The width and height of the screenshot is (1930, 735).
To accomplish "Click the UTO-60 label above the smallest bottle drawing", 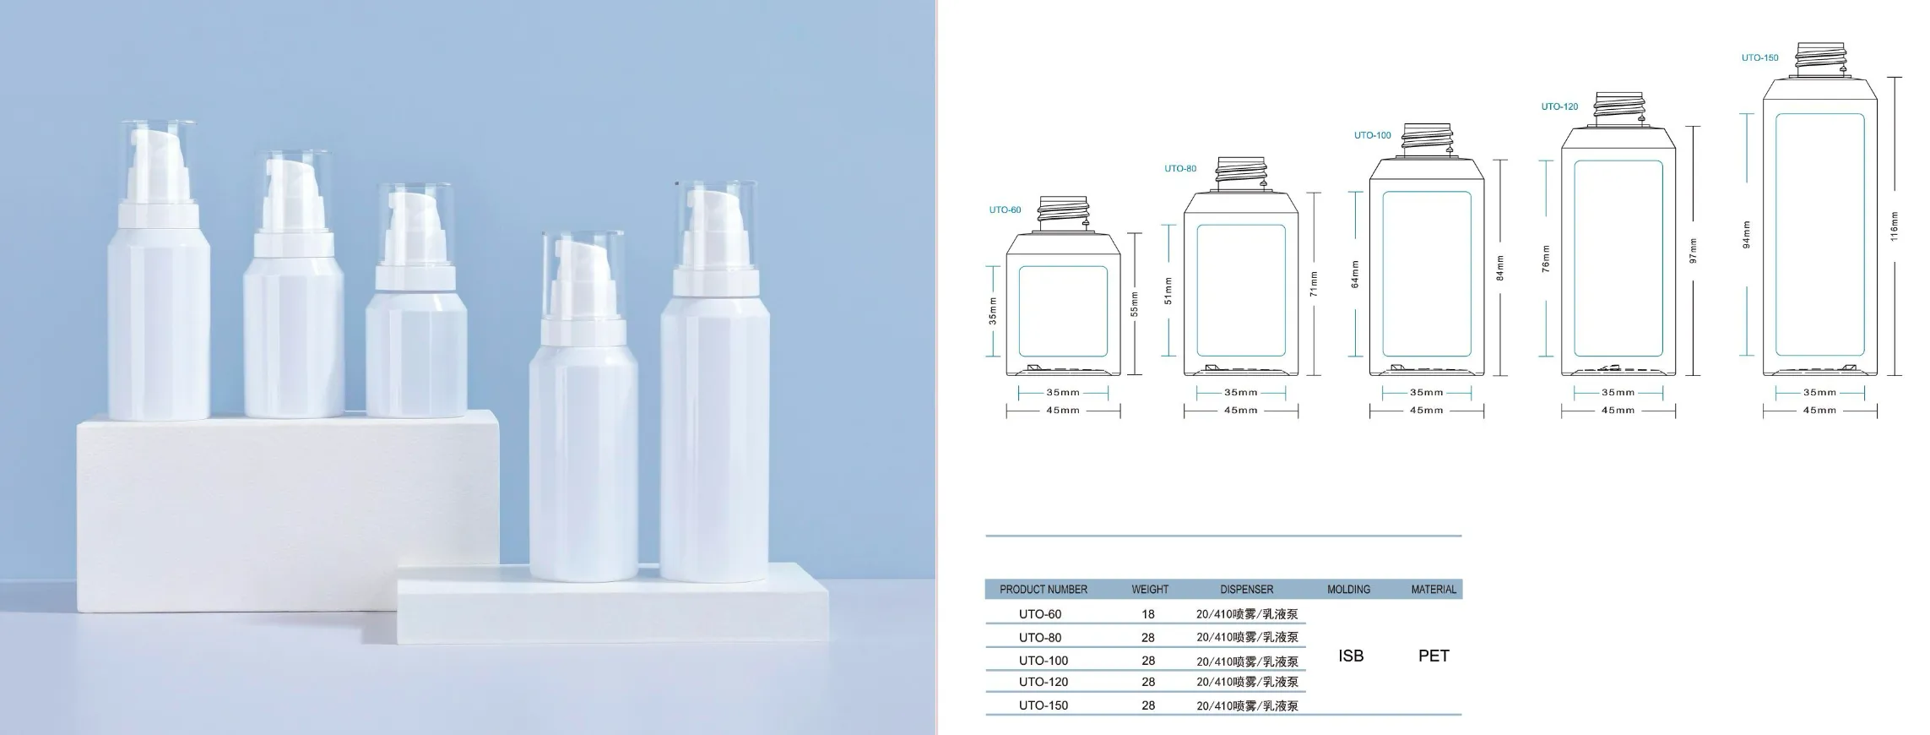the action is pyautogui.click(x=1005, y=210).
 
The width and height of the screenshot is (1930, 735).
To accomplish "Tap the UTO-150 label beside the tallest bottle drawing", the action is pyautogui.click(x=1759, y=57).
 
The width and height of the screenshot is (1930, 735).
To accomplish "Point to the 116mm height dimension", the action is pyautogui.click(x=1894, y=226).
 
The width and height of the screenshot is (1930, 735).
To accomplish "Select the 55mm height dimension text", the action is pyautogui.click(x=1135, y=304).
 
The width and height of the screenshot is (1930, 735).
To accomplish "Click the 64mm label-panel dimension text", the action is pyautogui.click(x=1355, y=274).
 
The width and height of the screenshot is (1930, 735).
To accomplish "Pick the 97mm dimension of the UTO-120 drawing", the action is pyautogui.click(x=1693, y=251).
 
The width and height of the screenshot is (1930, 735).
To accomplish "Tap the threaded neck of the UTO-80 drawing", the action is pyautogui.click(x=1240, y=173).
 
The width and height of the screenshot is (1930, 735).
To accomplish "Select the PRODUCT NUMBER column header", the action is pyautogui.click(x=1044, y=589).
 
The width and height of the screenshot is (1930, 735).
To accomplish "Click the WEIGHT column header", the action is pyautogui.click(x=1150, y=589).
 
